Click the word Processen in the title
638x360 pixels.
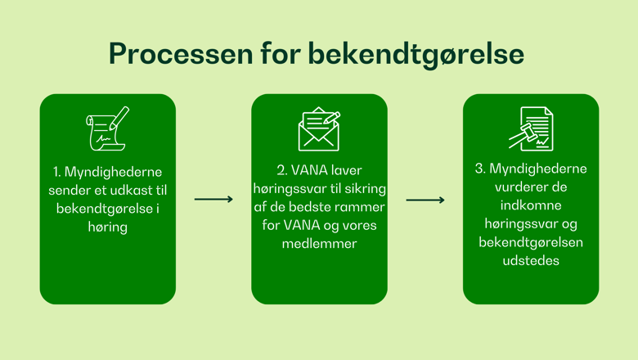[x=181, y=54]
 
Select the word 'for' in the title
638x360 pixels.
[x=281, y=52]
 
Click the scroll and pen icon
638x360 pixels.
[x=107, y=128]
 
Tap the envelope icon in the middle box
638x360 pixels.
[x=319, y=129]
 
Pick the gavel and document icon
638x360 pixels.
[x=531, y=128]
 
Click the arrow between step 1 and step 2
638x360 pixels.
[x=213, y=200]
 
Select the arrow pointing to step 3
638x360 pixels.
[x=425, y=200]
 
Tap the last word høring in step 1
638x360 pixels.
[x=108, y=227]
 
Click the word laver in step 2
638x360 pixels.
[x=346, y=170]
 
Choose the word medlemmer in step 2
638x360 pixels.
[x=319, y=244]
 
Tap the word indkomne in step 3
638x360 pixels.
[x=531, y=205]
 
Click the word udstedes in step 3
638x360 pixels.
[x=531, y=260]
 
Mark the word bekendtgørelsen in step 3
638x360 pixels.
[x=531, y=242]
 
